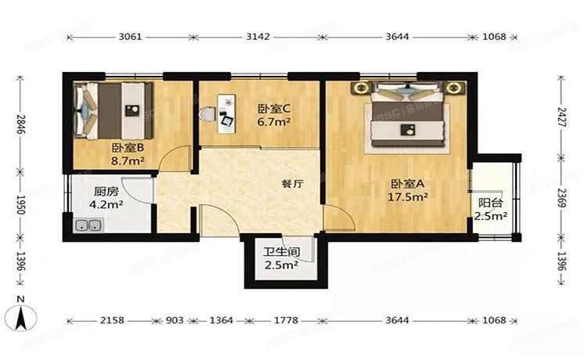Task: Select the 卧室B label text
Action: tap(126, 148)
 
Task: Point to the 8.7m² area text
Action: tap(128, 161)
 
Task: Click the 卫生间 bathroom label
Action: tap(279, 252)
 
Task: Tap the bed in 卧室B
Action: tap(110, 109)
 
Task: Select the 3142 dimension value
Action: tap(258, 37)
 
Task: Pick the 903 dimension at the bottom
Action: tap(176, 321)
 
